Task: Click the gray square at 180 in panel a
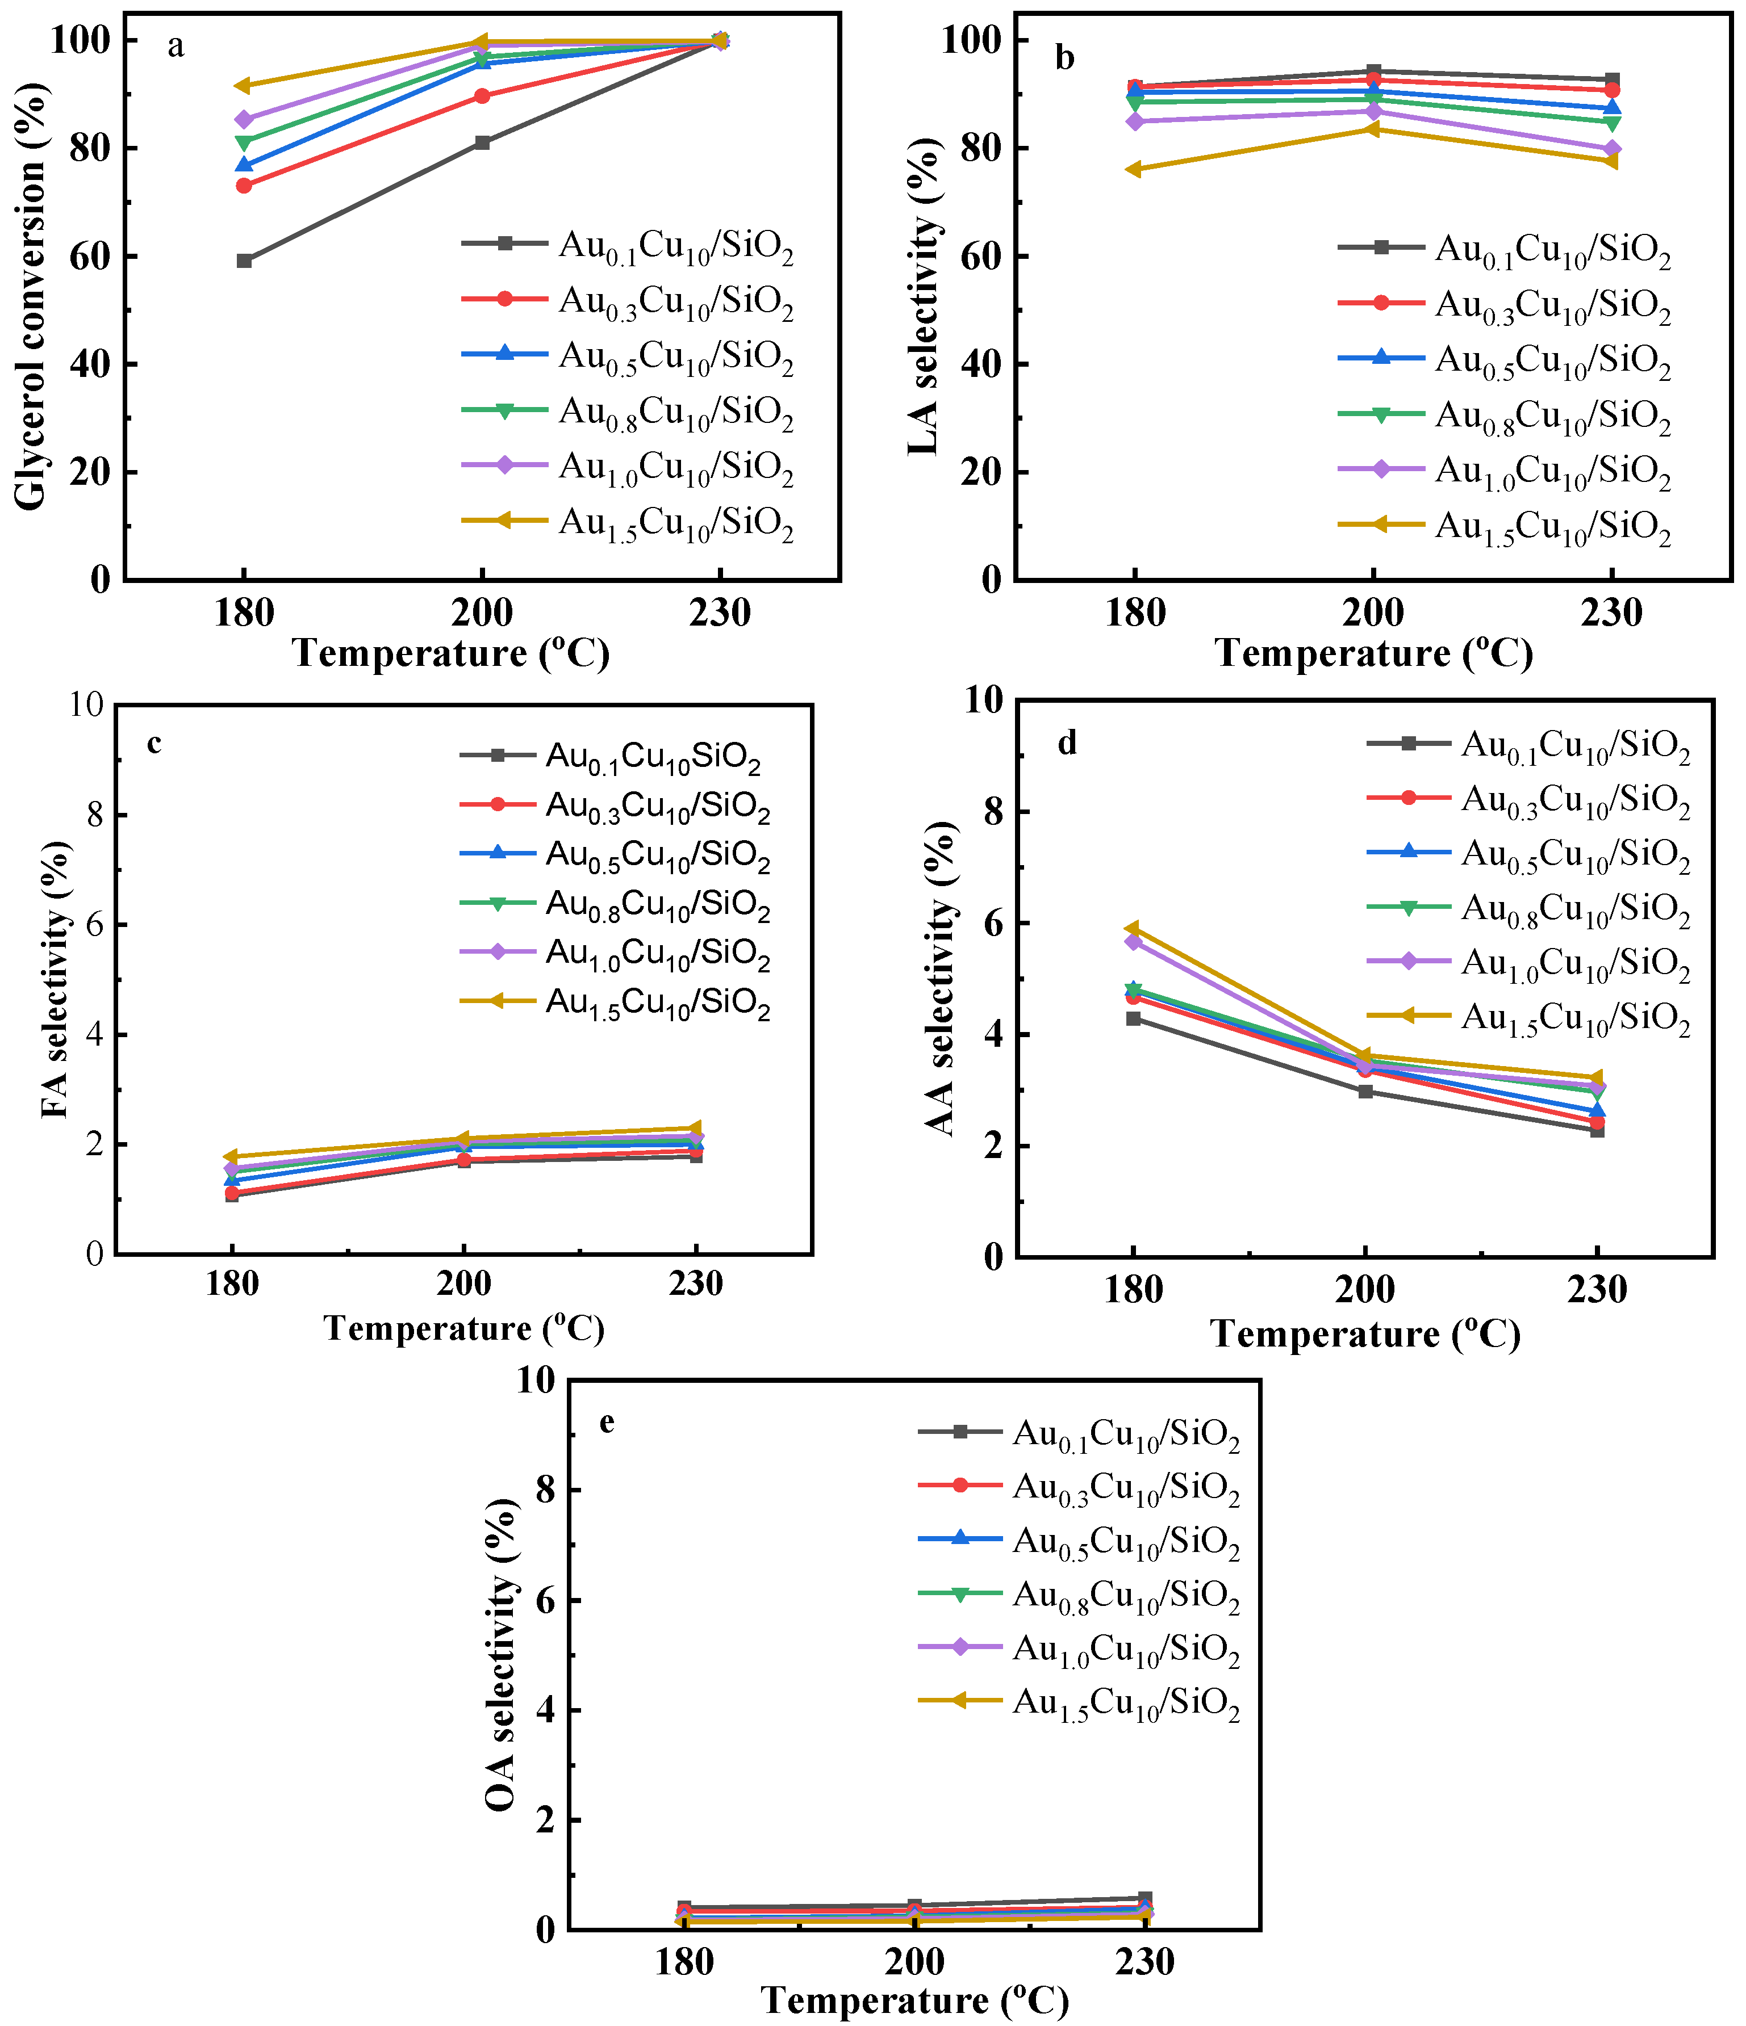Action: [x=244, y=261]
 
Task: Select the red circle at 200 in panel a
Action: [x=482, y=96]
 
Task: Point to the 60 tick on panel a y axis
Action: [x=100, y=256]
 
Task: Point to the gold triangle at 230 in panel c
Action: [x=695, y=1129]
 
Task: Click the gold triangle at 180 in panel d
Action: [x=1133, y=928]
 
